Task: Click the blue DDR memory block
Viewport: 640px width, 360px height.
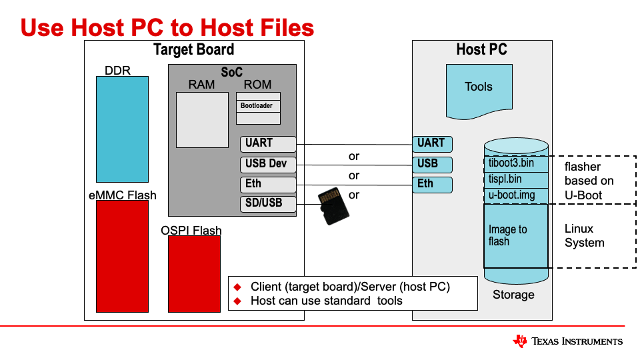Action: (122, 129)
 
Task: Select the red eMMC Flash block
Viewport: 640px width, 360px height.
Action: (122, 256)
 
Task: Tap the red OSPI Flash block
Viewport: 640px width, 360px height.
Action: (194, 273)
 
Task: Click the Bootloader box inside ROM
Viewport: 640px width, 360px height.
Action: (258, 105)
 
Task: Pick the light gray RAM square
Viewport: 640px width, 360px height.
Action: (202, 119)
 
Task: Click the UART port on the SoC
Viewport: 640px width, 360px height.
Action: (267, 143)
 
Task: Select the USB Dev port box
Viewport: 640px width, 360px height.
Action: (267, 164)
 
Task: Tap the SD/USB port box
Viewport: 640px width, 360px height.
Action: (267, 203)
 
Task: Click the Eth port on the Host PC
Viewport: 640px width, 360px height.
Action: (432, 185)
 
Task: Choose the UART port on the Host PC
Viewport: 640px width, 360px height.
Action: (432, 143)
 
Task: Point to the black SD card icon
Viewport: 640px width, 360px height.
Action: (333, 205)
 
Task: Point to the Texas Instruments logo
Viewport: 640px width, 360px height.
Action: (568, 341)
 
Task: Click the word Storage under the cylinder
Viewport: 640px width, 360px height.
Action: (513, 295)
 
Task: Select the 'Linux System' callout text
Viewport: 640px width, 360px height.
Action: (585, 235)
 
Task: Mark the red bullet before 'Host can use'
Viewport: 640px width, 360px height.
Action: (237, 301)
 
